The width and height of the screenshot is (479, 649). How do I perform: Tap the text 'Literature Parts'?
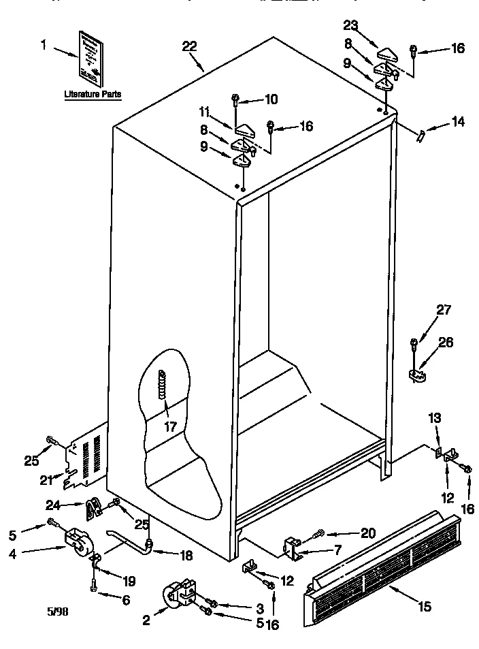[x=93, y=95]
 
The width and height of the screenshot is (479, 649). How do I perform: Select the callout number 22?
[x=190, y=46]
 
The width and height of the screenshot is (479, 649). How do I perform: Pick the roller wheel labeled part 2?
[x=178, y=595]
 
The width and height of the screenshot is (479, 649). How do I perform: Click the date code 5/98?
[x=57, y=611]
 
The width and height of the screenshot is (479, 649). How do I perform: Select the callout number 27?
[x=444, y=311]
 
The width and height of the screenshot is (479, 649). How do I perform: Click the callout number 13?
[x=435, y=418]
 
